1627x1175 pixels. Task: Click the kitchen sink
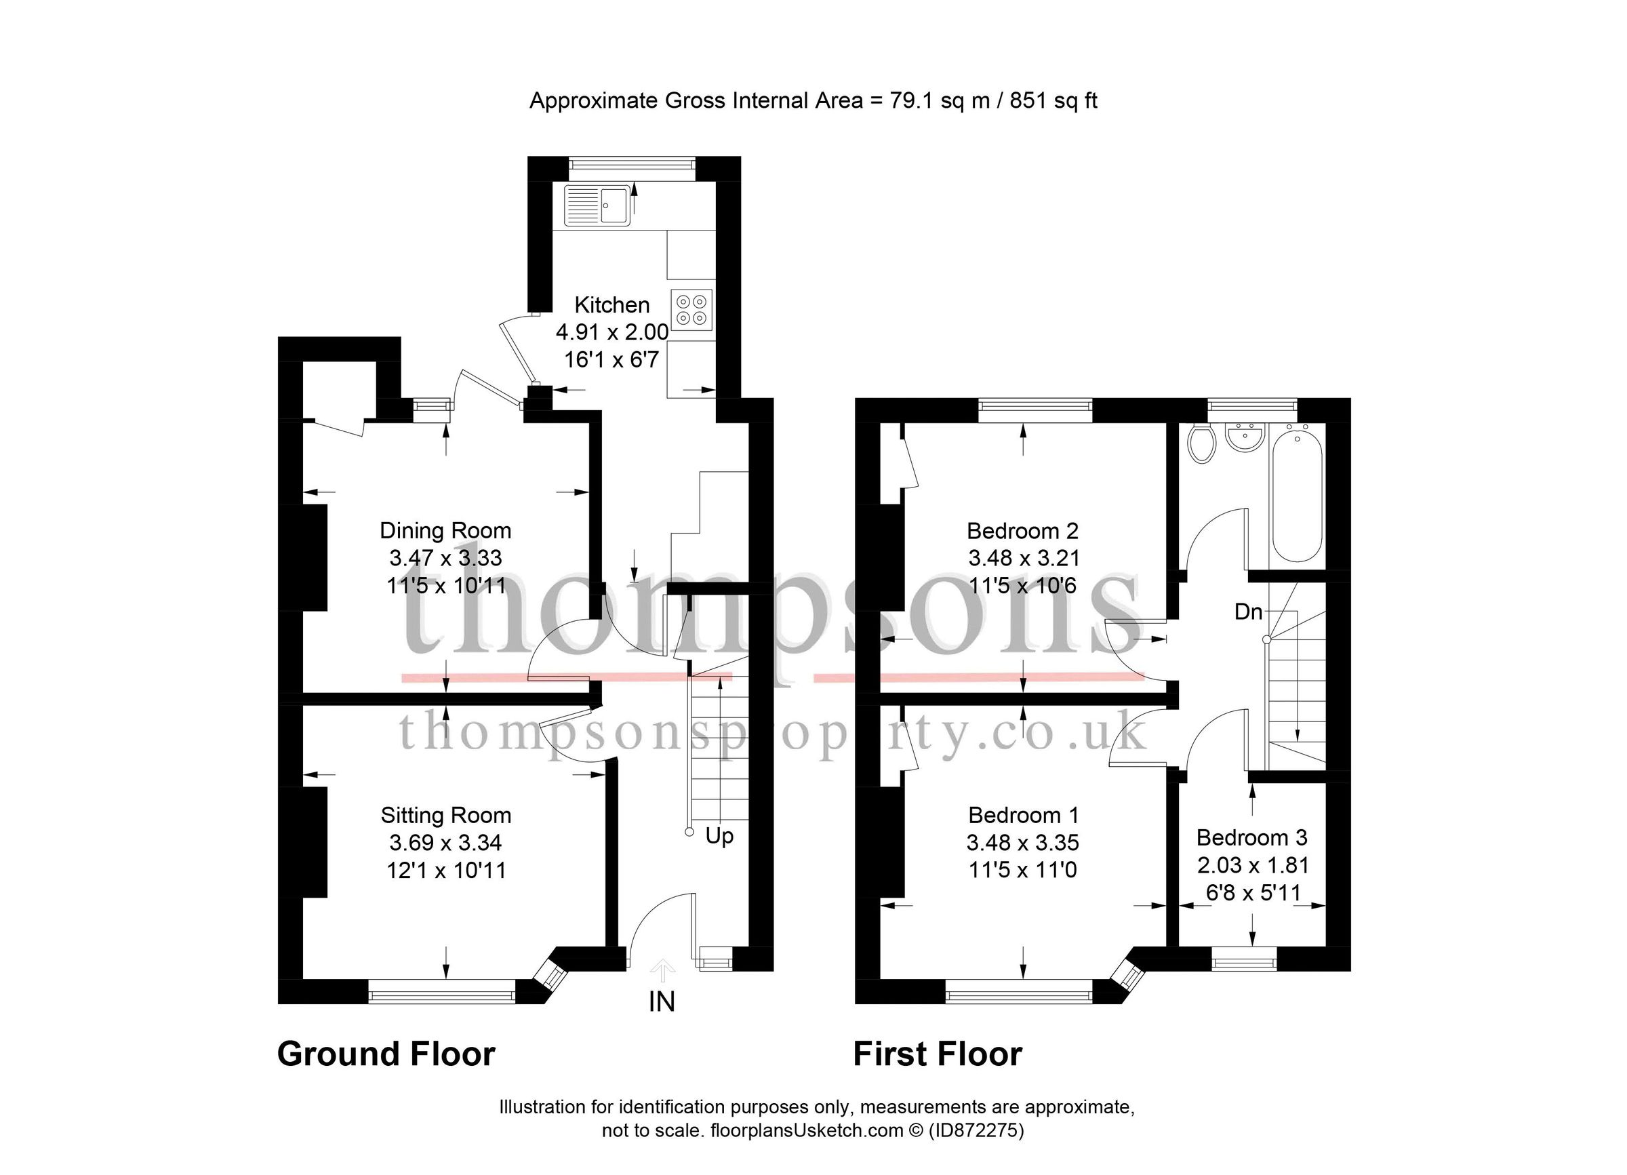coord(597,205)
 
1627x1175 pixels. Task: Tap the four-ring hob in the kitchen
coord(692,310)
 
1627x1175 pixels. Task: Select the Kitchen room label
coord(612,305)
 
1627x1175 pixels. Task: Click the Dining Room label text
coord(445,531)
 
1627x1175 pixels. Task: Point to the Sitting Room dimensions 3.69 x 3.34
coord(445,843)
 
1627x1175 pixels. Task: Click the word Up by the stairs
coord(719,836)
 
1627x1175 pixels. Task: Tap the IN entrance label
coord(662,1002)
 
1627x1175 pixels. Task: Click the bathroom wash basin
coord(1245,437)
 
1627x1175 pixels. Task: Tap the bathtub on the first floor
coord(1297,492)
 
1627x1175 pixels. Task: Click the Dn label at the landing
coord(1248,612)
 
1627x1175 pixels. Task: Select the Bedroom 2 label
coord(1022,531)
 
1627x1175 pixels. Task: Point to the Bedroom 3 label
coord(1252,838)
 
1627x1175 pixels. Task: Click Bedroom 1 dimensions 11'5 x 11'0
coord(1022,871)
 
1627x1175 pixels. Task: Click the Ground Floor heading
coord(386,1054)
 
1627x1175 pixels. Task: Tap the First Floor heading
coord(937,1054)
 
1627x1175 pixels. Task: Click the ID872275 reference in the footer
coord(976,1131)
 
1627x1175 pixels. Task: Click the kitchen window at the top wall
coord(632,165)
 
